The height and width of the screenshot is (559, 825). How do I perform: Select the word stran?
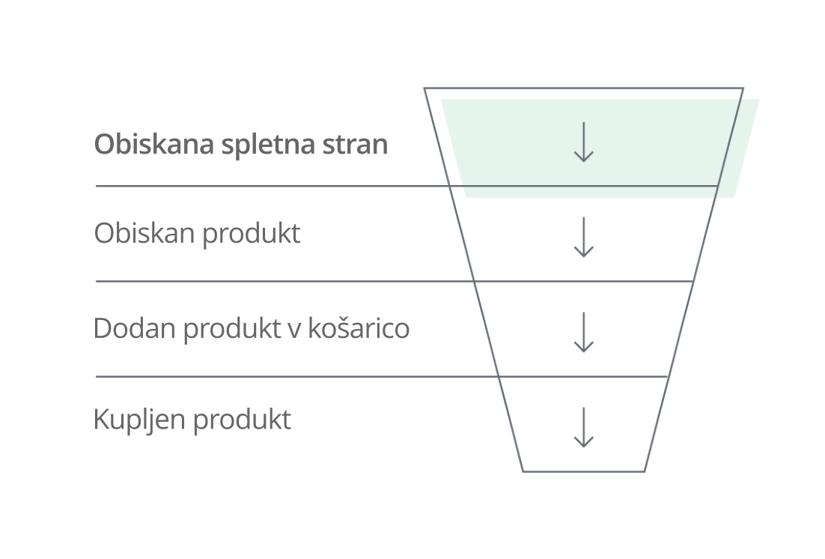355,143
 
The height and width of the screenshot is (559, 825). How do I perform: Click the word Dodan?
134,327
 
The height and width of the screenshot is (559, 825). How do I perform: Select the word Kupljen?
139,420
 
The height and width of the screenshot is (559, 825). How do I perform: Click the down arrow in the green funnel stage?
583,142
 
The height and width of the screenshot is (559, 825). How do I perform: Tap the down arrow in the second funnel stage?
583,238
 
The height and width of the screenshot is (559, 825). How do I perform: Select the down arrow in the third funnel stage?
583,332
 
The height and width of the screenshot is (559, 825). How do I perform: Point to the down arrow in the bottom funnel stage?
583,427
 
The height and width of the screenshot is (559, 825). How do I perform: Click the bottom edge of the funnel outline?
584,471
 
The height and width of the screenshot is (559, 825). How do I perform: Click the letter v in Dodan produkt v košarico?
295,329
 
